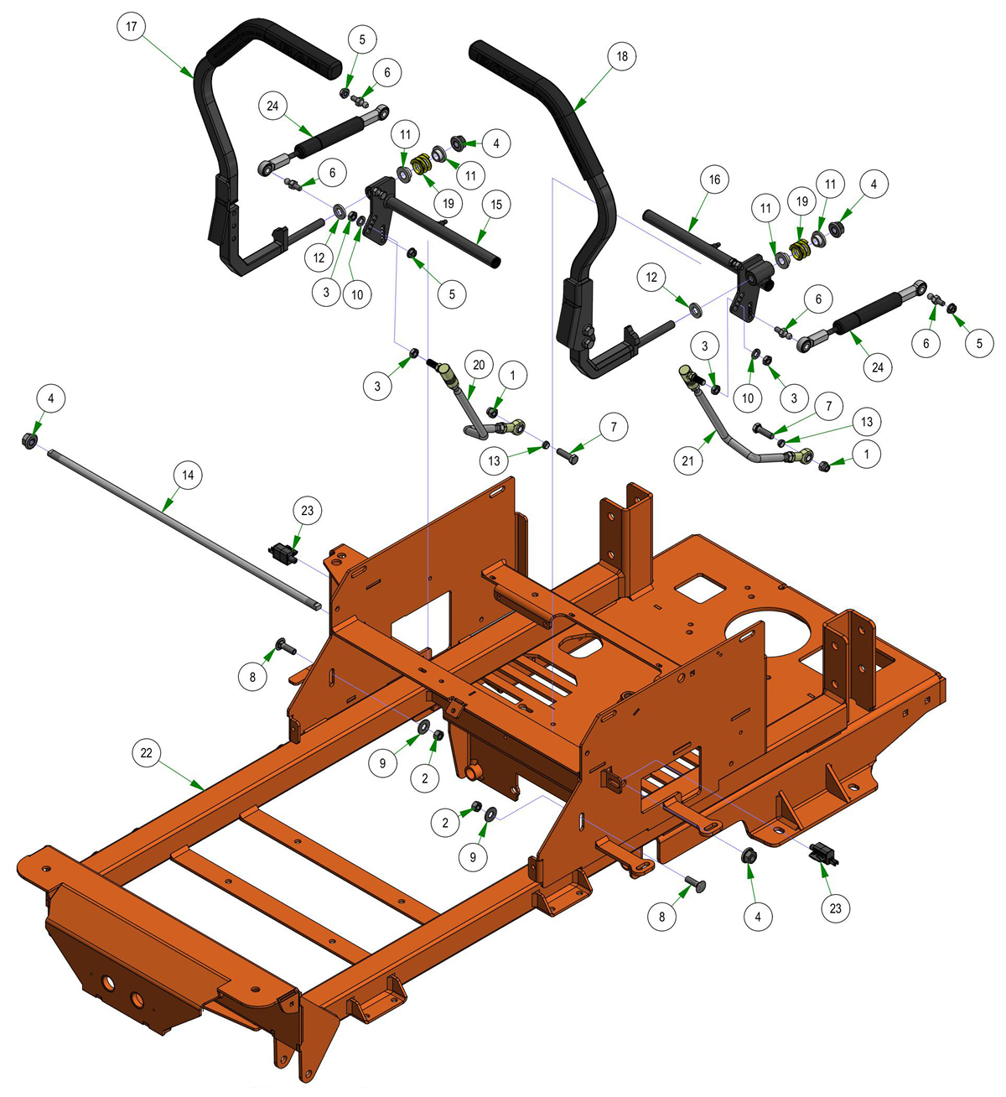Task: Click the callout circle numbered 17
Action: [x=132, y=26]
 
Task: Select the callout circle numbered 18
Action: [x=622, y=56]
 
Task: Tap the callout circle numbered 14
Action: [x=188, y=475]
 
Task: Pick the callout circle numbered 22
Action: [x=147, y=753]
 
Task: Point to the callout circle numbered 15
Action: [x=496, y=205]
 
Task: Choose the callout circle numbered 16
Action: [x=714, y=179]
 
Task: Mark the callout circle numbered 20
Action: [x=479, y=365]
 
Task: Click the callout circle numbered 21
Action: [x=687, y=461]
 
